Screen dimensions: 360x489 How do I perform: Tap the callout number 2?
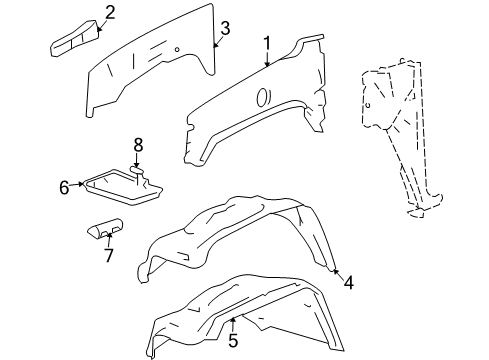(x=110, y=12)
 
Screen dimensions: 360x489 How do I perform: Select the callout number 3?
(x=225, y=28)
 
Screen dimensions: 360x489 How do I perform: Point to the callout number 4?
(x=348, y=283)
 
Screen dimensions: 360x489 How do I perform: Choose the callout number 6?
(x=64, y=186)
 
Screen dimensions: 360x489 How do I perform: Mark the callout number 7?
(x=108, y=255)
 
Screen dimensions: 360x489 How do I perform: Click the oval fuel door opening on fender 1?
(x=262, y=97)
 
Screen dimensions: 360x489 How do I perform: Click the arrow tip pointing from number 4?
(x=335, y=270)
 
